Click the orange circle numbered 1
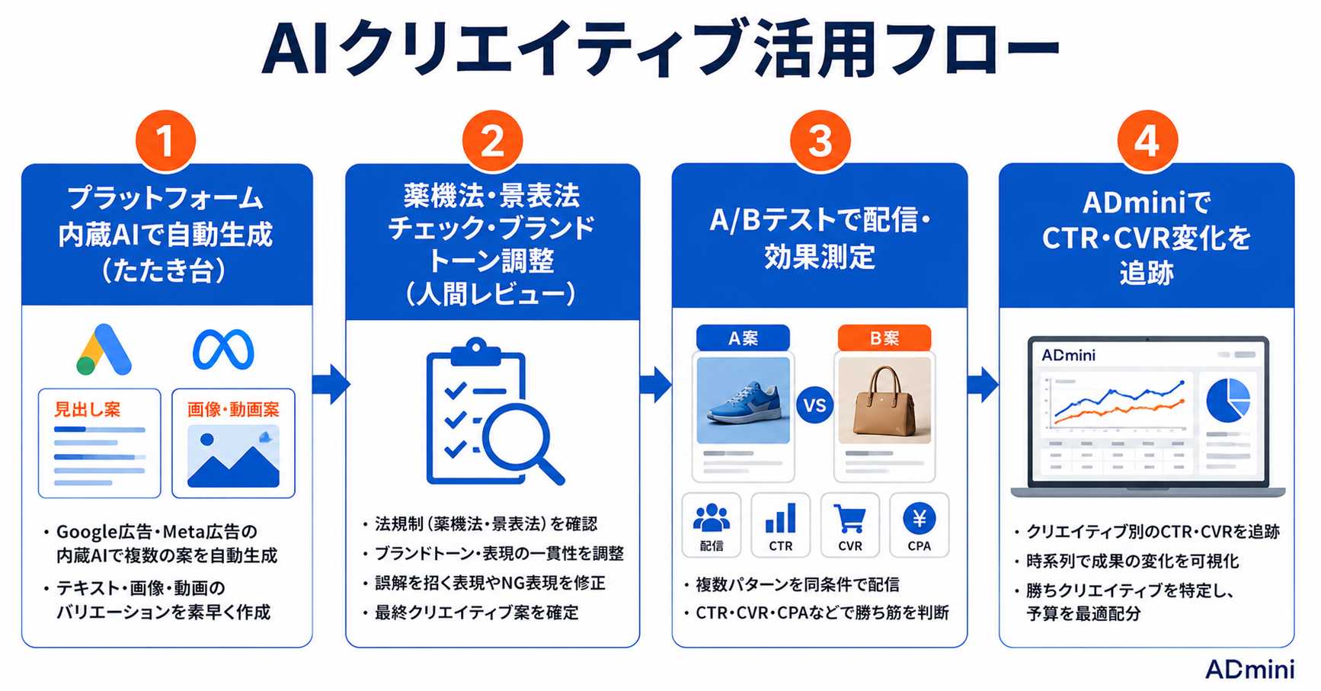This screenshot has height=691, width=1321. (x=165, y=141)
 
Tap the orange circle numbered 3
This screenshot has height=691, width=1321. (x=820, y=141)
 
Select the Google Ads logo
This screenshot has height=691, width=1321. (x=104, y=350)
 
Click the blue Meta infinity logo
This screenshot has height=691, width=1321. (x=223, y=350)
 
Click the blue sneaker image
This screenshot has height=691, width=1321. (x=744, y=401)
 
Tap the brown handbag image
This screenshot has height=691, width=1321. (x=884, y=401)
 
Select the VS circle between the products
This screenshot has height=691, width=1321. (x=814, y=405)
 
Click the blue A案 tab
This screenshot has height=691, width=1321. (x=743, y=338)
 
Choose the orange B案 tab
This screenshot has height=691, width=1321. (x=884, y=338)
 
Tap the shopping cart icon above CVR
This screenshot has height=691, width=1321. (x=849, y=519)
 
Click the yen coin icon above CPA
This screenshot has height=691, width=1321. (x=920, y=519)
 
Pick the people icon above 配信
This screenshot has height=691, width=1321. (x=712, y=518)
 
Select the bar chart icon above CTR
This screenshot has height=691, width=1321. (x=781, y=518)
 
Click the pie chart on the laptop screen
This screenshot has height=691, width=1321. (x=1228, y=401)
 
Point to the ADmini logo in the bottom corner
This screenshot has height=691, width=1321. (x=1249, y=670)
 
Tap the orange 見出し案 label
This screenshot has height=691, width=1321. (x=87, y=410)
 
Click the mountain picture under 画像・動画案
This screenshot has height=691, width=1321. (x=233, y=456)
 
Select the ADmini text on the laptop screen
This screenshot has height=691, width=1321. (x=1068, y=355)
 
